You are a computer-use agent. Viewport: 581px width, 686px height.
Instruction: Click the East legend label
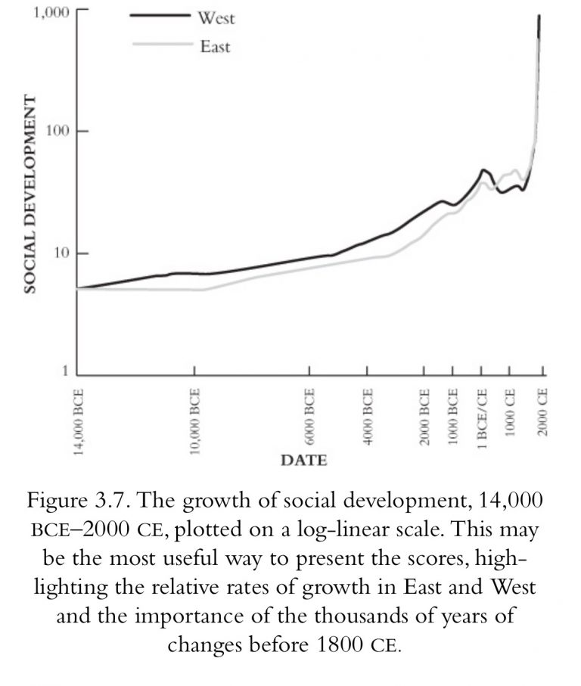coord(215,47)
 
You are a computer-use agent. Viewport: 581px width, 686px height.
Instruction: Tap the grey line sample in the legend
coord(160,44)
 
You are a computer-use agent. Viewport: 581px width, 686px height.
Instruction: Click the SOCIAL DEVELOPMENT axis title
coord(30,194)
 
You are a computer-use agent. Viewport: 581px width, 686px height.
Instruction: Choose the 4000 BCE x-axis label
coord(368,417)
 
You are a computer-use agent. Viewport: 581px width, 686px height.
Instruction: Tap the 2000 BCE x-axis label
coord(425,417)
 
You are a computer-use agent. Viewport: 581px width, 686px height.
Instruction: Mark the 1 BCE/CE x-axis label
coord(482,418)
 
